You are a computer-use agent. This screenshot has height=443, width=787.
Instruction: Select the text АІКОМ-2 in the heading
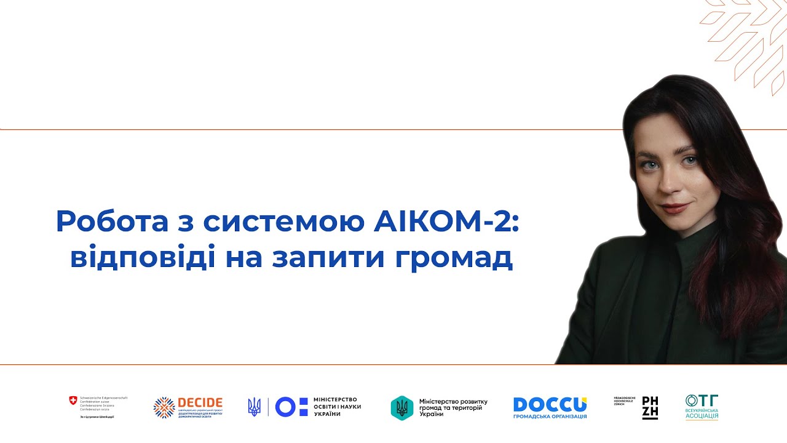click(x=446, y=221)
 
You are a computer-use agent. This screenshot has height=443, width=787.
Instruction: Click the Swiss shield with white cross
click(x=73, y=401)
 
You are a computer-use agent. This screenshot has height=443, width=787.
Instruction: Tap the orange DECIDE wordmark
click(x=200, y=402)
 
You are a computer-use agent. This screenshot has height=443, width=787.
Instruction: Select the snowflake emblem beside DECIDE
click(x=164, y=407)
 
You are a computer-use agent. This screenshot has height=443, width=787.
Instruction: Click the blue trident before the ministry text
click(x=254, y=407)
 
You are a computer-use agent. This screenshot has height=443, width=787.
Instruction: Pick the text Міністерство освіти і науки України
click(x=337, y=407)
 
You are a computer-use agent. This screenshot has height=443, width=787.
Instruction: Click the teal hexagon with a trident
click(x=402, y=407)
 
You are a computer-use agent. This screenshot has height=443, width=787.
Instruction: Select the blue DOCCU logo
click(x=550, y=404)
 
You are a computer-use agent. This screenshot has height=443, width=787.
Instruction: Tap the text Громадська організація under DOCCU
click(x=550, y=417)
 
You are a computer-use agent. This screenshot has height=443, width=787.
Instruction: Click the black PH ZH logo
click(x=650, y=407)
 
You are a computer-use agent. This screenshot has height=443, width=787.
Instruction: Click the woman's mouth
click(x=675, y=207)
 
